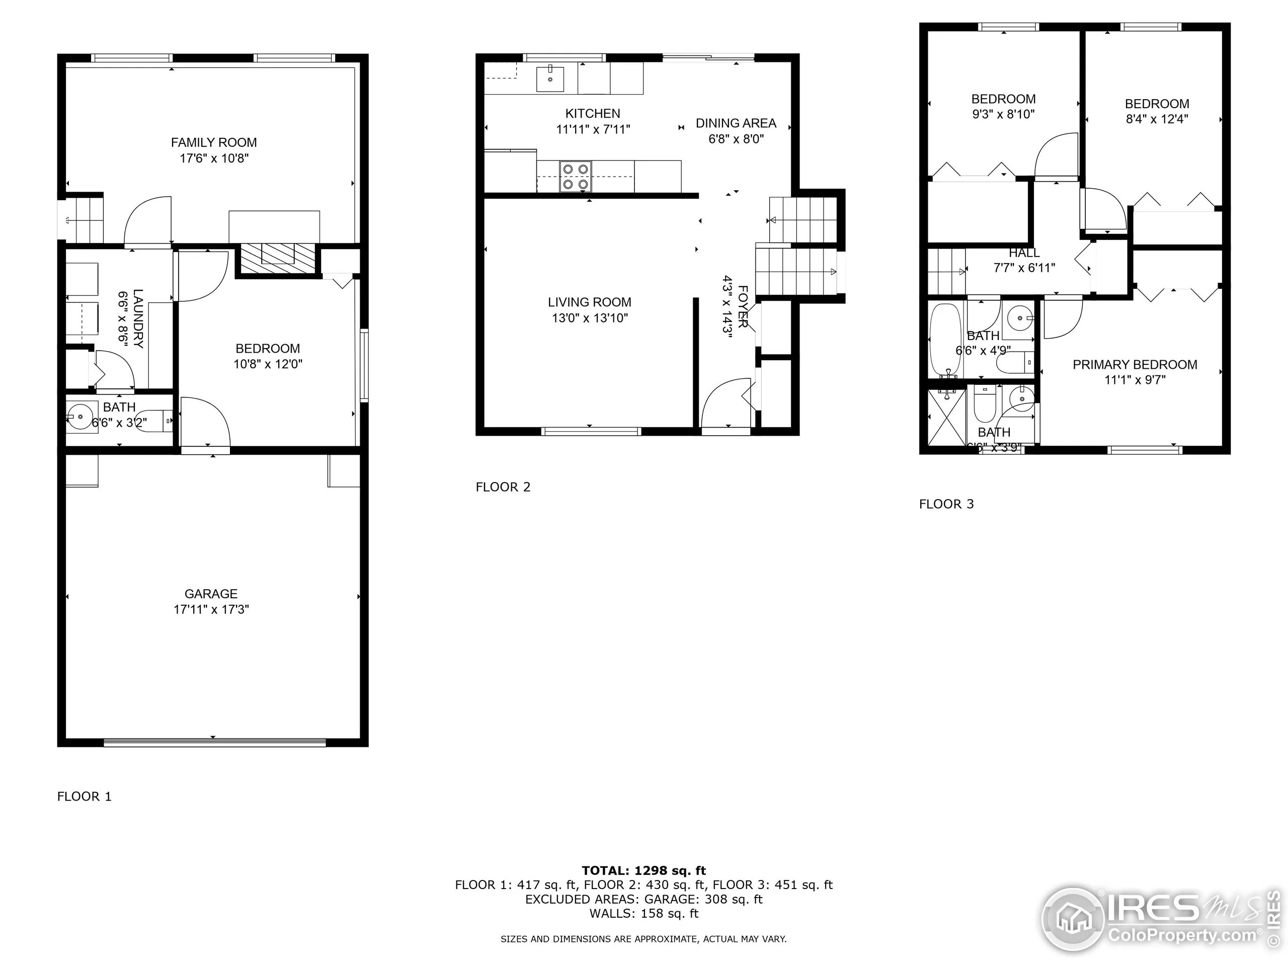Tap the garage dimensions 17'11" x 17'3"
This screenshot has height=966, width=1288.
(x=211, y=610)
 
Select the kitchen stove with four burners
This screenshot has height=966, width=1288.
(x=575, y=177)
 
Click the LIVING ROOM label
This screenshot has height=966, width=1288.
(x=589, y=302)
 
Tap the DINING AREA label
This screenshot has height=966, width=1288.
(x=736, y=123)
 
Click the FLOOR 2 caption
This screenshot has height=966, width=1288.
(x=503, y=487)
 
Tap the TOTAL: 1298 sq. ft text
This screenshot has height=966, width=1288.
(x=643, y=870)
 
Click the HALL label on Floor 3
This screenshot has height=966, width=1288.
(x=1024, y=253)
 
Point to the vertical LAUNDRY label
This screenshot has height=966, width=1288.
(x=138, y=318)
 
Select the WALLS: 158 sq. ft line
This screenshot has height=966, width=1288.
(x=643, y=913)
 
